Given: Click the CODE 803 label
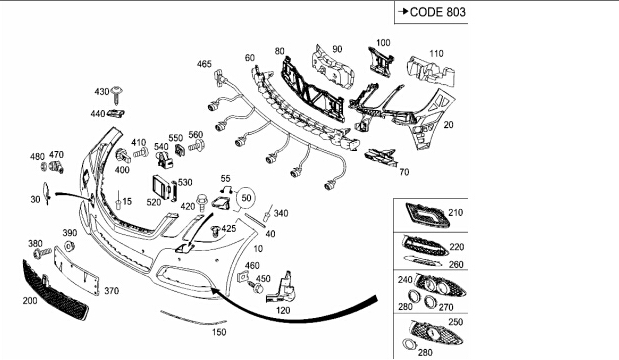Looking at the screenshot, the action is coord(438,12).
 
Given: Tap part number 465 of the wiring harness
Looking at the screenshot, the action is coord(204,64).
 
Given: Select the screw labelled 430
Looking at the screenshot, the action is coord(117,95).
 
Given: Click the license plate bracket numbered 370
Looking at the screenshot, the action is coord(77,270).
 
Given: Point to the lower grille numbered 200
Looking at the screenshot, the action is coord(55,290).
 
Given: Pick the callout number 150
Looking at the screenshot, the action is coord(219,332).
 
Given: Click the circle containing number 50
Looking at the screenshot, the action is coord(246,197).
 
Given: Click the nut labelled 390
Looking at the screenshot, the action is coord(69,246).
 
